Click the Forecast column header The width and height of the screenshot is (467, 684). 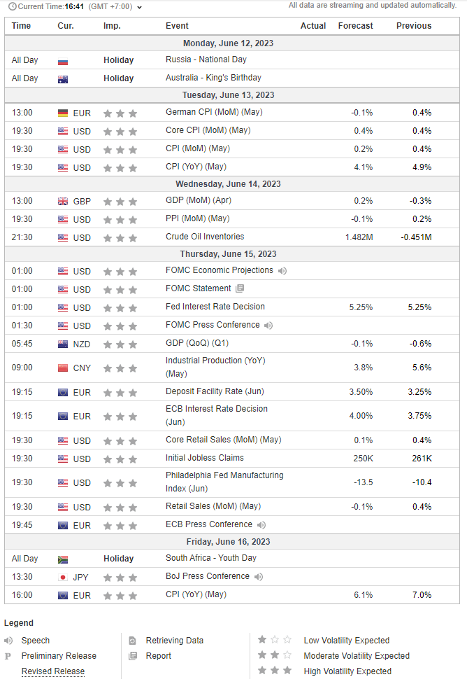tap(355, 26)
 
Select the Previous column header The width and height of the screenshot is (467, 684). tap(414, 26)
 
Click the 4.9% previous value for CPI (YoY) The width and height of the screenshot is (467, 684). tap(422, 167)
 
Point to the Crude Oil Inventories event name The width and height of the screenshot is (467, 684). tap(205, 237)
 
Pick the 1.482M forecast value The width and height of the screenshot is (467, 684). tap(359, 237)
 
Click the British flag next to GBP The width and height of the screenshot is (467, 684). tap(63, 202)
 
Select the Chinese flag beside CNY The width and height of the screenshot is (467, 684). tap(63, 368)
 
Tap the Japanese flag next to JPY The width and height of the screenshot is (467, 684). tap(63, 578)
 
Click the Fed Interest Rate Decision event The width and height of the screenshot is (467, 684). tap(215, 307)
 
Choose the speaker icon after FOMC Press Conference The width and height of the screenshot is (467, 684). tap(268, 326)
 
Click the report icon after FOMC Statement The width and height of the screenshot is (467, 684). tap(240, 288)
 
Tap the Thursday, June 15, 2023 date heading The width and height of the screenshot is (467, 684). tap(228, 254)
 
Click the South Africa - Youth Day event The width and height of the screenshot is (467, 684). tap(211, 558)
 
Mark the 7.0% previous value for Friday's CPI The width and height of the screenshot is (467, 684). tap(422, 595)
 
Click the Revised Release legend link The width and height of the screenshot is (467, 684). tap(53, 671)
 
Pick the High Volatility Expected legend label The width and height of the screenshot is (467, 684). tap(347, 671)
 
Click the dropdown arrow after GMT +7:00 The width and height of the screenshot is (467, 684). tap(140, 7)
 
